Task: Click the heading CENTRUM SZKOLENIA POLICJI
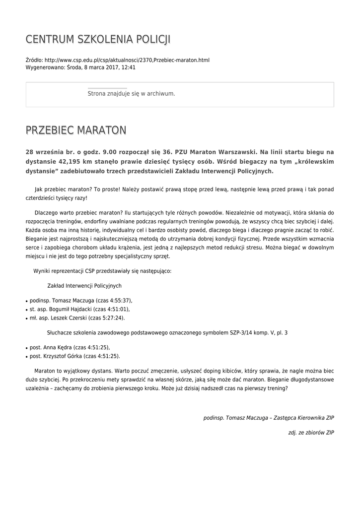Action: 98,39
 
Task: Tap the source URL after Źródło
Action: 127,60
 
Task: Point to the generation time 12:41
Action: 128,67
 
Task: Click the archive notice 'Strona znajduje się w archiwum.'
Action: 131,93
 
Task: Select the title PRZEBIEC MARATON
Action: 76,130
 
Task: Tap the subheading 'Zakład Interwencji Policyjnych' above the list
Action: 84,286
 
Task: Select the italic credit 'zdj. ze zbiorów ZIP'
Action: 311,433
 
